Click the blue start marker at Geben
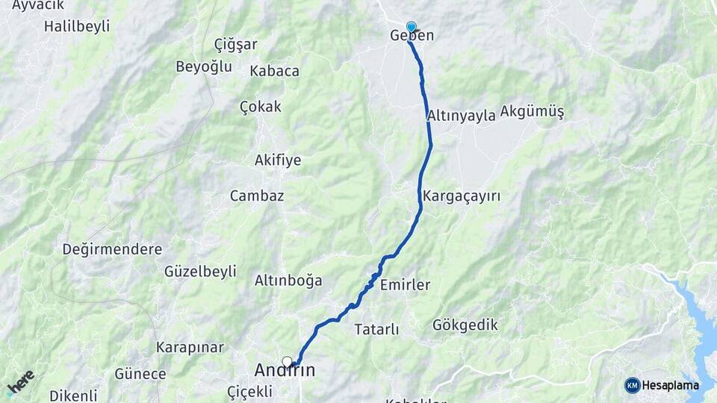coord(411,27)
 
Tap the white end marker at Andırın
coord(287,362)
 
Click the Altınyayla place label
coord(462,116)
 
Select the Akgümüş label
coord(532,112)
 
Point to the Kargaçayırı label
coord(461,196)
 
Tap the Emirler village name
coord(405,285)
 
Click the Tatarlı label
coord(376,329)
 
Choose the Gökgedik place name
coord(465,325)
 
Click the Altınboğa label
coord(288,281)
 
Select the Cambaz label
coord(257,196)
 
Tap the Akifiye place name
coord(278,160)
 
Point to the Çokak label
coord(261,107)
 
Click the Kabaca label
coord(274,71)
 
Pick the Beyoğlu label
coord(204,66)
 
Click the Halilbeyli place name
coord(77,26)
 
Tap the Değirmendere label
coord(112,249)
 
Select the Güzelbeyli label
coord(200,271)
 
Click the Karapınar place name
coord(190,347)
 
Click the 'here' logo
coord(20,383)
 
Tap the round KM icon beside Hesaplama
coord(632,385)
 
